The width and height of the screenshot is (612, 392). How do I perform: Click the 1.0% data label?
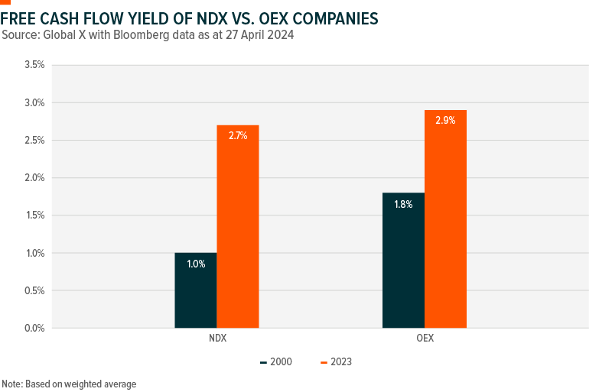[x=196, y=264]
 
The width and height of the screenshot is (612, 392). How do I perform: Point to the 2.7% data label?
[x=238, y=135]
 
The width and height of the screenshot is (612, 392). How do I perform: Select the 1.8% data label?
[x=403, y=204]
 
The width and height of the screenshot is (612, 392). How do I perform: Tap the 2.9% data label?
[x=445, y=121]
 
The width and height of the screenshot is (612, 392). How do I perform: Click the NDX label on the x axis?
[x=216, y=338]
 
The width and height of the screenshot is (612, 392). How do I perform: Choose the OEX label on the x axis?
[x=424, y=338]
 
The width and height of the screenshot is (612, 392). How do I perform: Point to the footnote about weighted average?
[x=69, y=384]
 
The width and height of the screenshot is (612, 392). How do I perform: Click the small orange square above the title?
[x=5, y=2]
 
